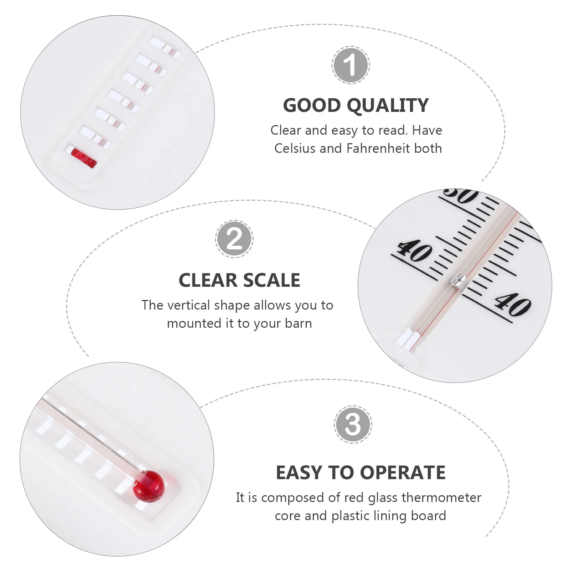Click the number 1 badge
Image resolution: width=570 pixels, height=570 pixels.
tap(351, 65)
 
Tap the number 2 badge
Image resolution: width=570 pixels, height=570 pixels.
tap(234, 239)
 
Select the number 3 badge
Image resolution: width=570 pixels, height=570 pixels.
tap(353, 424)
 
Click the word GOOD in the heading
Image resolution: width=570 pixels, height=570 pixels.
tap(312, 105)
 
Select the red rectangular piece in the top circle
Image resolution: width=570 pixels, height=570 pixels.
tap(84, 157)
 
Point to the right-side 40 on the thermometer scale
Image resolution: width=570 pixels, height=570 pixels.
tap(512, 305)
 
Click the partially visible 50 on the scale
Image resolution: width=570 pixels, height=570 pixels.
tap(461, 196)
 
